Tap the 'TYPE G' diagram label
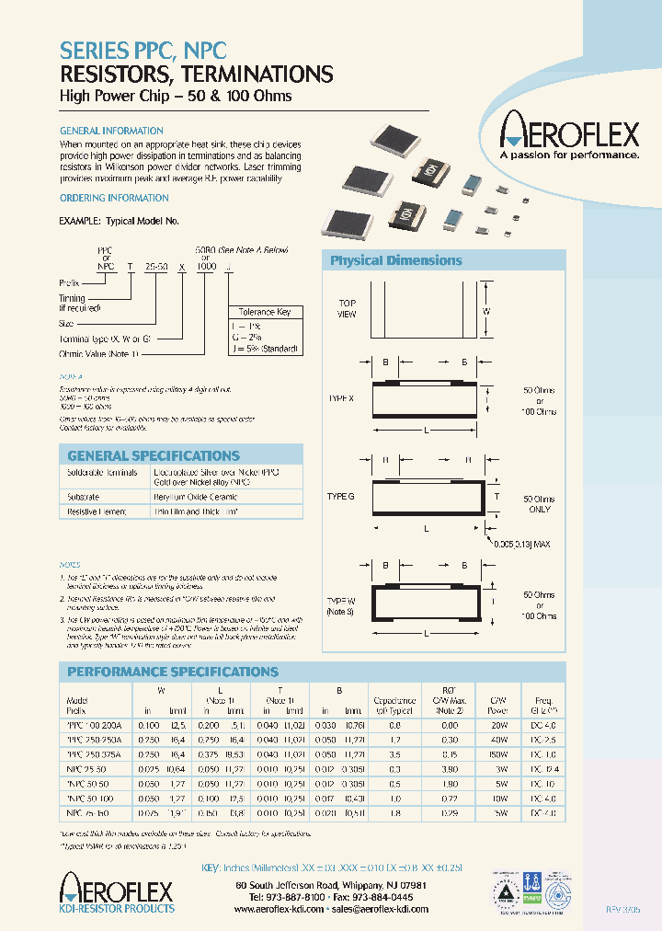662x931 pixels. (340, 496)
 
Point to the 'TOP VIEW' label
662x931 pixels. (347, 308)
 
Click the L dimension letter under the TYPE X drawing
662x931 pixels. (426, 431)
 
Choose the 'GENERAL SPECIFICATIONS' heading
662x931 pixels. (154, 455)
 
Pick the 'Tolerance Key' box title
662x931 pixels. (264, 312)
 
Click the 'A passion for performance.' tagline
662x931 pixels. (568, 155)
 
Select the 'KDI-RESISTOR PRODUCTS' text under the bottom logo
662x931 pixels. (116, 909)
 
